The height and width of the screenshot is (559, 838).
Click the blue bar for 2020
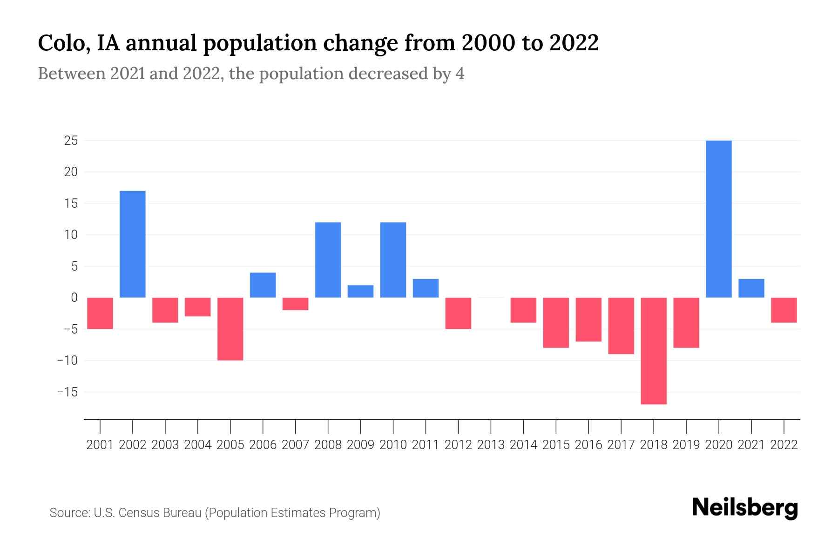(718, 219)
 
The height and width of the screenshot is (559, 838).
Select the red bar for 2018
(653, 351)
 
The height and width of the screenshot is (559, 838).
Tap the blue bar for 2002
(133, 244)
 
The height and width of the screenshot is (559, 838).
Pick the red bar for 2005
(230, 329)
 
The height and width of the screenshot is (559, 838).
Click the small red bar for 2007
(296, 304)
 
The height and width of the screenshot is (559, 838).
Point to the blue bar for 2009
(360, 291)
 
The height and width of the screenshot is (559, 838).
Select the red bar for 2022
(784, 310)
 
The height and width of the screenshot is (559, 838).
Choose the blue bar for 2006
(263, 285)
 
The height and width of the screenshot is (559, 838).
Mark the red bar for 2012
(458, 313)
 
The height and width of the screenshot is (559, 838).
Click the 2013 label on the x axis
(491, 445)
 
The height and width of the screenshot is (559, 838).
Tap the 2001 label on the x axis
(100, 445)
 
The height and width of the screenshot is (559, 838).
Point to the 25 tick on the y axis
(71, 141)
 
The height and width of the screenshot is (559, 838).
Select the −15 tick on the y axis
(68, 392)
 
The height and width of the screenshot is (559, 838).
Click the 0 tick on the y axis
(74, 298)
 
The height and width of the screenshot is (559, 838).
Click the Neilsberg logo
(744, 508)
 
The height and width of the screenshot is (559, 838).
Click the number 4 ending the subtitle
(460, 74)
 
